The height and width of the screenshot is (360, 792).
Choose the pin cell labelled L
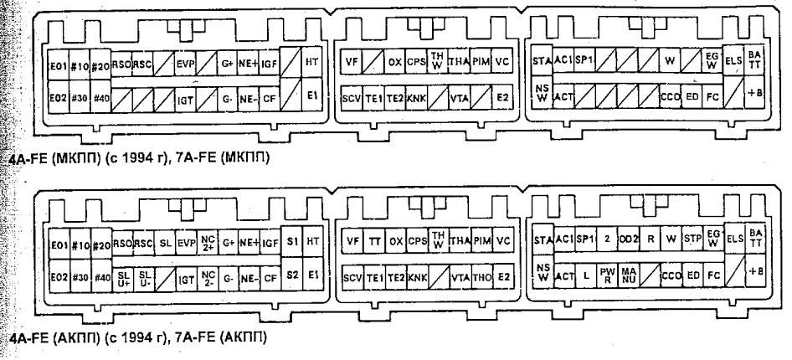point(587,275)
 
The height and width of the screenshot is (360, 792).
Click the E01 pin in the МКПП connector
point(58,63)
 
